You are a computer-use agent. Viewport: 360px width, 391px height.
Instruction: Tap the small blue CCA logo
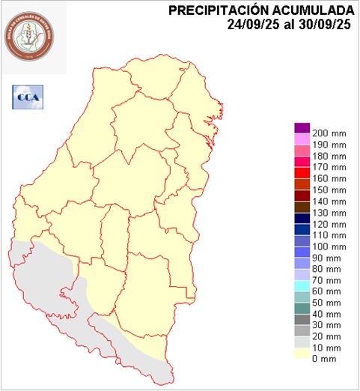coord(28,96)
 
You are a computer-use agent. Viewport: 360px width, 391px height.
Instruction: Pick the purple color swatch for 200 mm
coord(302,127)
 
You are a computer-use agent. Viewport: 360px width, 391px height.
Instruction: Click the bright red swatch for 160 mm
coord(302,173)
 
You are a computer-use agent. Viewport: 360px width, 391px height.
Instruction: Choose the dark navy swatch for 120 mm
coord(302,218)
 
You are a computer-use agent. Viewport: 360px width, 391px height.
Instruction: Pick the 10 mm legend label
coord(329,348)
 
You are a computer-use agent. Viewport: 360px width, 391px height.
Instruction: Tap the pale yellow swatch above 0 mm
coord(302,354)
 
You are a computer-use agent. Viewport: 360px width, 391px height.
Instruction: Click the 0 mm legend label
coord(326,360)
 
